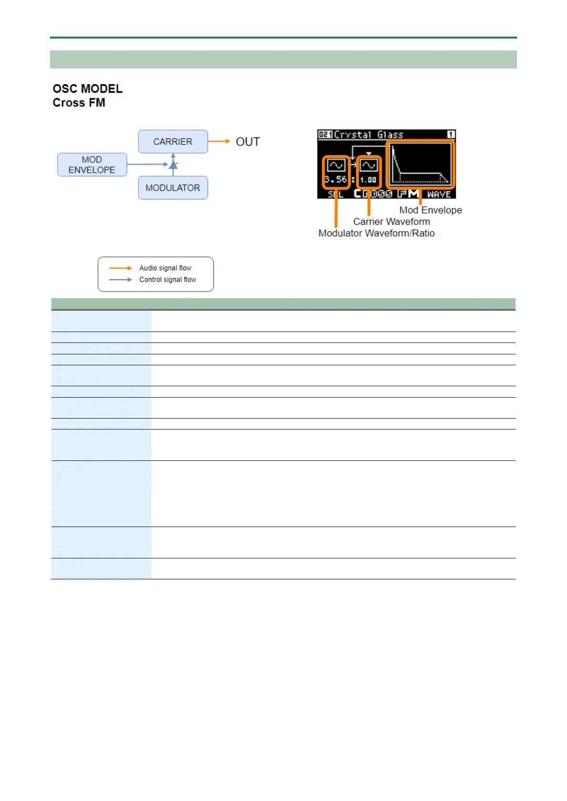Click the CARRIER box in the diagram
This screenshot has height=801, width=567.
pos(173,142)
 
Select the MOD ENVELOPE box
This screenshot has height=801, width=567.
pos(92,165)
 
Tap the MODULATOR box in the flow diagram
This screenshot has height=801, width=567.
pos(173,188)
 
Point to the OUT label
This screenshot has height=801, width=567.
pos(248,142)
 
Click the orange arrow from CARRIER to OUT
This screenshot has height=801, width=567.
pos(219,141)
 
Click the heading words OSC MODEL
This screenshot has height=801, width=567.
pos(88,89)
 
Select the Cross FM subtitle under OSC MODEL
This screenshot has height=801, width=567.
pos(79,103)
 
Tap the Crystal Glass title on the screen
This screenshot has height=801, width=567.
pos(368,135)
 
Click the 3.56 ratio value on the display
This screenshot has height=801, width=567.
pos(336,179)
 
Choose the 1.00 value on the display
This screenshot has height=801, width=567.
pos(368,180)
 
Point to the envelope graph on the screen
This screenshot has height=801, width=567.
pos(420,164)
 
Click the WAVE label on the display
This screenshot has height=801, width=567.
pos(439,194)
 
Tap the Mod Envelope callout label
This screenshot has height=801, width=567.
pos(430,210)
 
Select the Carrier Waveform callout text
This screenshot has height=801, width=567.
pos(391,222)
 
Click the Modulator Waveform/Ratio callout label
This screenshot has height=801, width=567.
pos(376,233)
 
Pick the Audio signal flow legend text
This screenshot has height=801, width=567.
pos(165,268)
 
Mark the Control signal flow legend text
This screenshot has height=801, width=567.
pos(168,280)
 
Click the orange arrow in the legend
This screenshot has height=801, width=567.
pos(120,268)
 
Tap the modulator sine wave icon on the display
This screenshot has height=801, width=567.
pos(336,166)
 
